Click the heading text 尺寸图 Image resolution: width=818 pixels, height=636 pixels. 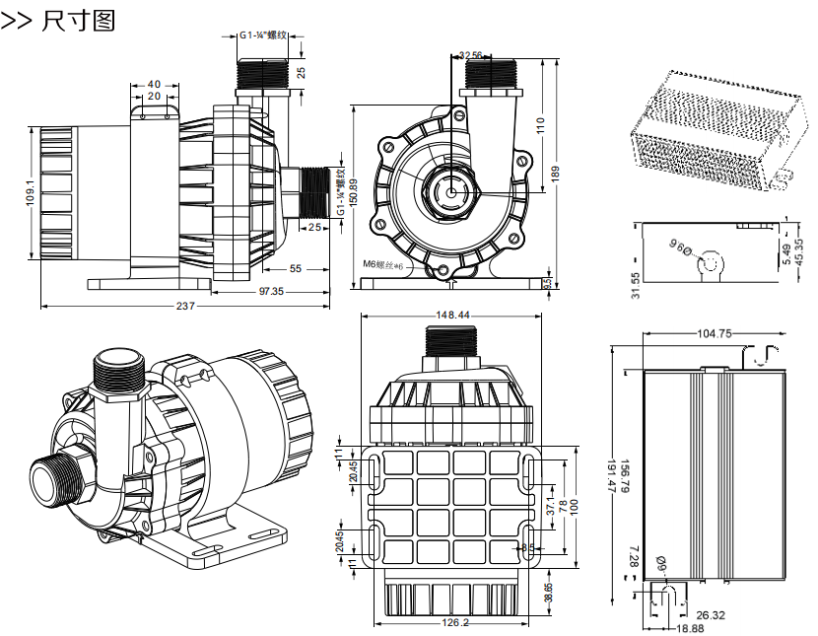click(79, 20)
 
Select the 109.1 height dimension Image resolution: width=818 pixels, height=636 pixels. click(31, 193)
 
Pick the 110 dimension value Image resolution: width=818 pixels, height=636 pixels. click(540, 125)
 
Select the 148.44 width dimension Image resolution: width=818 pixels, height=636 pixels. click(451, 316)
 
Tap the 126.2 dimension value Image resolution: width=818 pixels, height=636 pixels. click(453, 623)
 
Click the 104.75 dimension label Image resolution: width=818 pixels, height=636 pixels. click(714, 333)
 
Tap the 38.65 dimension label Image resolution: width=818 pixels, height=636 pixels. click(548, 592)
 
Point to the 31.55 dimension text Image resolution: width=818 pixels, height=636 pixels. click(636, 285)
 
